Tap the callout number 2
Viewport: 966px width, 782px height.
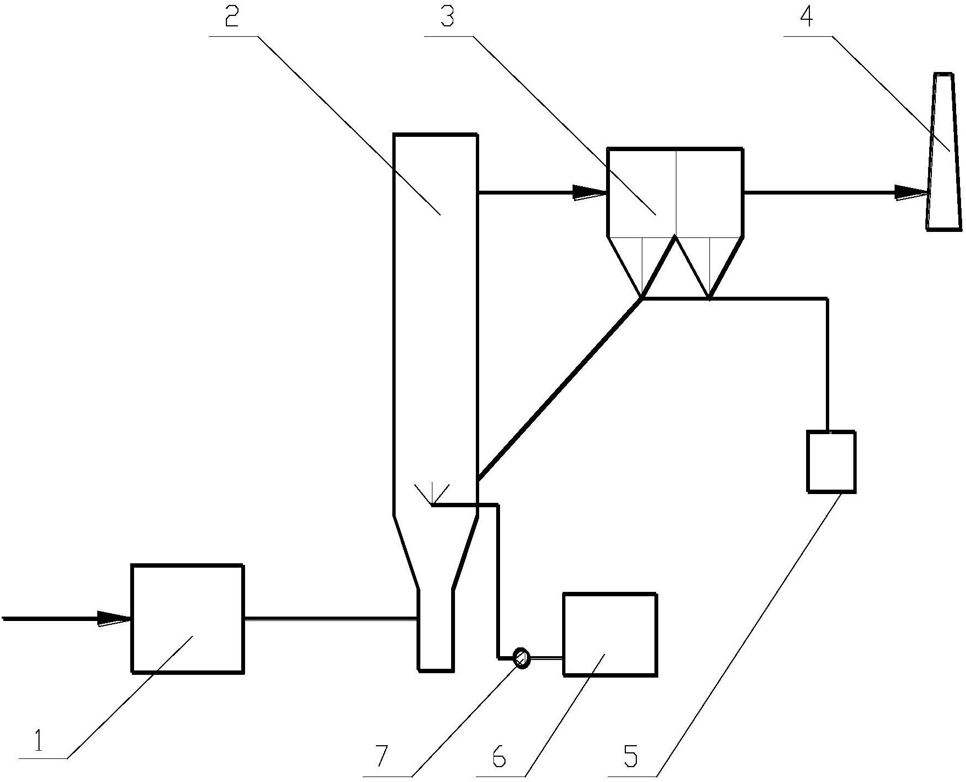click(231, 19)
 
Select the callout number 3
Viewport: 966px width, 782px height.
click(447, 18)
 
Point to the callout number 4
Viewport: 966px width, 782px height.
click(807, 18)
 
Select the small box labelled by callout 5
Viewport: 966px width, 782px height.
click(831, 461)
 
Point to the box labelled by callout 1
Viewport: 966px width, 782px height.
click(187, 618)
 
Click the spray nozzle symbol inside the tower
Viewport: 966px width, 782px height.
click(432, 495)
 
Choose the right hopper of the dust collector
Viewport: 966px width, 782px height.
click(709, 272)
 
